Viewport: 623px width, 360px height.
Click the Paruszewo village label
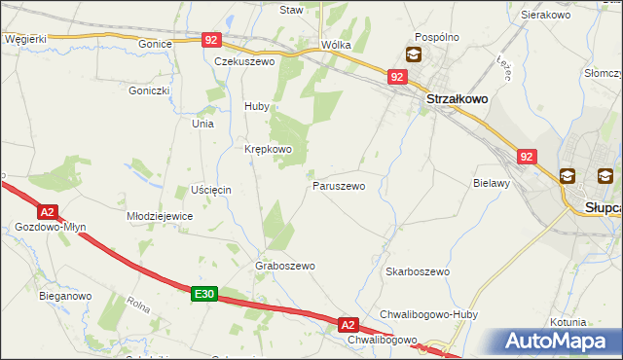click(339, 185)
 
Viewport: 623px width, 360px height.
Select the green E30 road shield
click(202, 293)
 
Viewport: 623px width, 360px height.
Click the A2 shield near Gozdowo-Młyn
click(48, 211)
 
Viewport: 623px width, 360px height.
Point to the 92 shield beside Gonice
click(212, 40)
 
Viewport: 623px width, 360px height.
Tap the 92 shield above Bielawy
click(527, 156)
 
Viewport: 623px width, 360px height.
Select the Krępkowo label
click(268, 149)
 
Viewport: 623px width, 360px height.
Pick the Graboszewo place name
click(285, 266)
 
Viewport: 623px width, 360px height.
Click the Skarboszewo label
click(417, 271)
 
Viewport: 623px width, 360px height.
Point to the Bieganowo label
click(65, 295)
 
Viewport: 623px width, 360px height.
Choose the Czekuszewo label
click(245, 60)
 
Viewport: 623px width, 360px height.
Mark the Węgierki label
click(25, 39)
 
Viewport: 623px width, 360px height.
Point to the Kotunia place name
click(568, 322)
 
